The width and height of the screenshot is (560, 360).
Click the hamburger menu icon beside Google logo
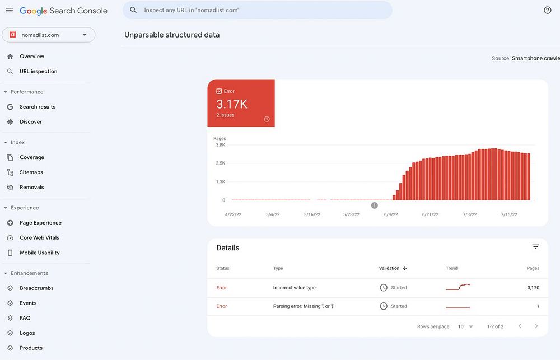point(10,11)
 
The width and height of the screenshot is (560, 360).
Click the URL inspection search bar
point(258,10)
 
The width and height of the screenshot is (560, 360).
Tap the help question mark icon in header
point(548,10)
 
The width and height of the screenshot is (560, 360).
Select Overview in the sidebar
point(32,57)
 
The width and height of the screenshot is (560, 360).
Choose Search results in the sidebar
point(38,107)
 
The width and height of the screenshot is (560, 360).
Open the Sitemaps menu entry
point(31,172)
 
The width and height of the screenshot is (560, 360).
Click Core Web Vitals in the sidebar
point(39,238)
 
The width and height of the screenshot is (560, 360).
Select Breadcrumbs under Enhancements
point(36,288)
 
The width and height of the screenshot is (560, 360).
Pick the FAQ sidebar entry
point(25,318)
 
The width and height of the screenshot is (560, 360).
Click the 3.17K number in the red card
point(232,104)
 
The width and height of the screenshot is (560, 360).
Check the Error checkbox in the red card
point(219,91)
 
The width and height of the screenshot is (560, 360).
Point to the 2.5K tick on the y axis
point(220,163)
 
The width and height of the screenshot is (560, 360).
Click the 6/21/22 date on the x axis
point(430,214)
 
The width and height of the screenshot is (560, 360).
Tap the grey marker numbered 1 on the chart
point(375,205)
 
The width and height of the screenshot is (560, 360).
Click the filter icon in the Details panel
point(535,247)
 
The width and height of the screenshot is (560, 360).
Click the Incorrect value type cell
point(295,288)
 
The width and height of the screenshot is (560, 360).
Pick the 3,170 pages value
point(533,288)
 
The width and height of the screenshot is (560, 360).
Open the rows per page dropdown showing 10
point(465,326)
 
